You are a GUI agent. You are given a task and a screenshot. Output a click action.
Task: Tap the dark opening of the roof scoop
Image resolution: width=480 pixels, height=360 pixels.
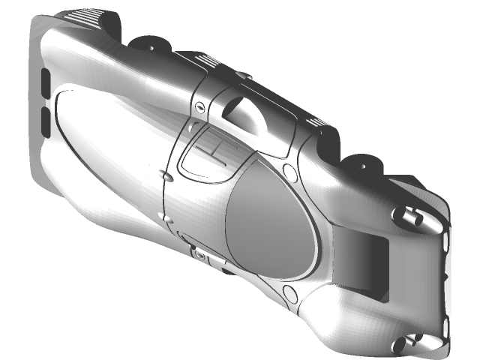click(244, 112)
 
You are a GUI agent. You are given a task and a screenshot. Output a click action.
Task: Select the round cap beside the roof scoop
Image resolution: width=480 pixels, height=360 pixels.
click(200, 107)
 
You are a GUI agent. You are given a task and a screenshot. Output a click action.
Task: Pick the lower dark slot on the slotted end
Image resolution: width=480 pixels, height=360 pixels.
click(44, 119)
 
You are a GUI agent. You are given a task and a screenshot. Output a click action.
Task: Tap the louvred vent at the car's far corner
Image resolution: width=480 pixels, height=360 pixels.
click(93, 16)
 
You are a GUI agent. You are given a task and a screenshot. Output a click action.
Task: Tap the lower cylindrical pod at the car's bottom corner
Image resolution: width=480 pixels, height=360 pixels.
click(405, 344)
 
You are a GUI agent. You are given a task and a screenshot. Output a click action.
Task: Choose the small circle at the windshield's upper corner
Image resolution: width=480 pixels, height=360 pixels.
click(291, 172)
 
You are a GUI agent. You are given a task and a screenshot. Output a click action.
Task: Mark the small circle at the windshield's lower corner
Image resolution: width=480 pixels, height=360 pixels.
click(289, 292)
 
